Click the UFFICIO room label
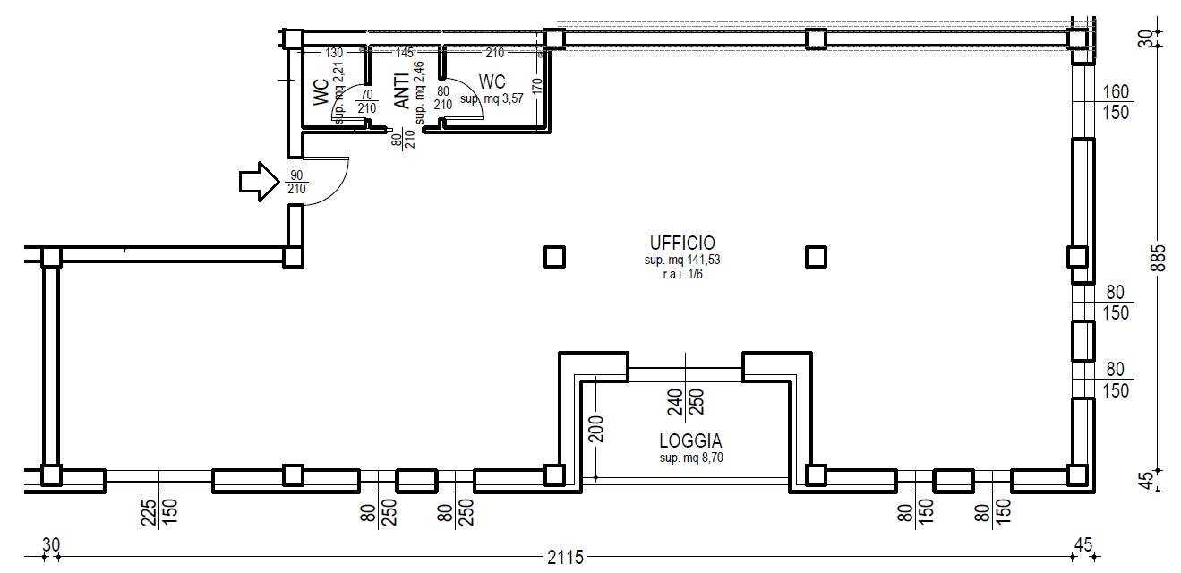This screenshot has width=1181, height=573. click(681, 243)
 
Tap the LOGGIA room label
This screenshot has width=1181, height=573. click(690, 440)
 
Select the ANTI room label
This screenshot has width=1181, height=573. click(402, 90)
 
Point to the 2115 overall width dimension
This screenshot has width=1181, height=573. click(565, 558)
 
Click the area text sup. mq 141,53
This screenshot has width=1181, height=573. click(681, 261)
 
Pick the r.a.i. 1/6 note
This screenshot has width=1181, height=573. click(681, 275)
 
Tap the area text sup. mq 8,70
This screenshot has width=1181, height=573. click(690, 458)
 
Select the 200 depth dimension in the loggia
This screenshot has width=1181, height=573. click(598, 429)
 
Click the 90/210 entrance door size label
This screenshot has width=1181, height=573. click(295, 183)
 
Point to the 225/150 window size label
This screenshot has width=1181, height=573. click(159, 513)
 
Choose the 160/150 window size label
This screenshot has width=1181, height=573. click(1116, 100)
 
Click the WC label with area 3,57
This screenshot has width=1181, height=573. click(492, 81)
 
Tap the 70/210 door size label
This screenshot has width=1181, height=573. click(366, 101)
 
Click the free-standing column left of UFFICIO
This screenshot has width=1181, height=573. click(554, 258)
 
